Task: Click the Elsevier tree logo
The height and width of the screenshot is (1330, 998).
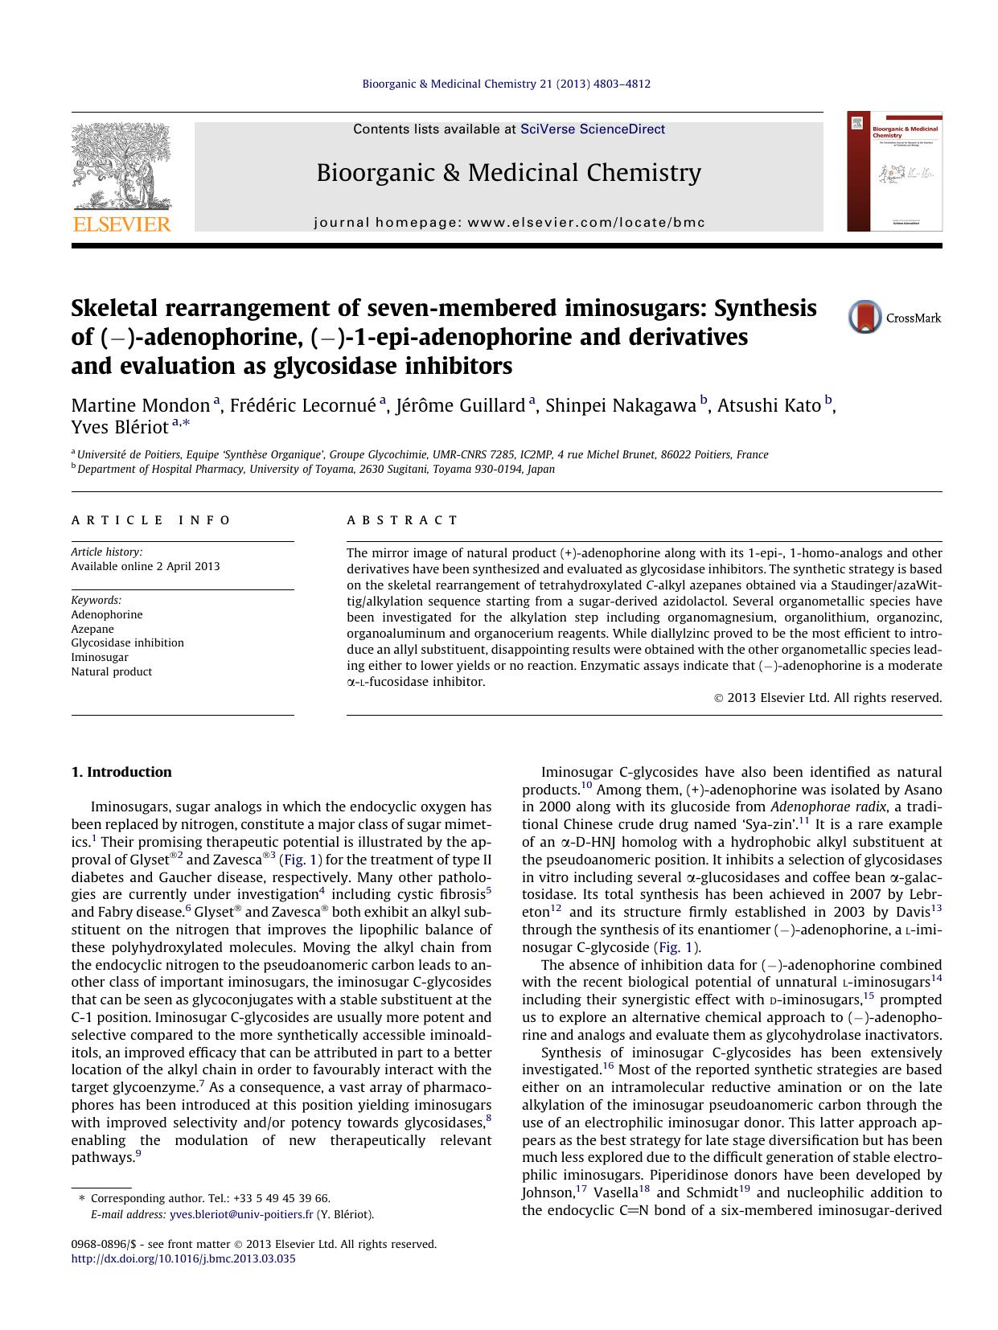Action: coord(121,166)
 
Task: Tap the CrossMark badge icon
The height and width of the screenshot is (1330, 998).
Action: coord(865,318)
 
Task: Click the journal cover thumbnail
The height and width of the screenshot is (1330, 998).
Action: coord(894,172)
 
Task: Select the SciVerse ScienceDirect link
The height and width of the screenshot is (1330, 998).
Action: coord(593,129)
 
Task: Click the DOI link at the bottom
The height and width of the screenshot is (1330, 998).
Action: coord(183,1258)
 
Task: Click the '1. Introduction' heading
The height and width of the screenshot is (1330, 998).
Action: coord(121,772)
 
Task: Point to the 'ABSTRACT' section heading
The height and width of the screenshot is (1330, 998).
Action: coord(402,520)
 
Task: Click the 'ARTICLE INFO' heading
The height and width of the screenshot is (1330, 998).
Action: coord(151,520)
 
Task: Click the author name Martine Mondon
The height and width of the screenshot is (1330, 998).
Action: coord(141,405)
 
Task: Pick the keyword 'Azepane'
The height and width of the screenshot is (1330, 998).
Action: coord(92,629)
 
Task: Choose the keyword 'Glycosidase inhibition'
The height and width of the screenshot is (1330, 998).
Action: coord(127,642)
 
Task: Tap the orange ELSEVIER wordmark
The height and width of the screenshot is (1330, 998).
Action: coord(121,224)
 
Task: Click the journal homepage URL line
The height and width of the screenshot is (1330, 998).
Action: coord(509,223)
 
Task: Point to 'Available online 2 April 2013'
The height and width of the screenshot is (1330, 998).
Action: coord(145,566)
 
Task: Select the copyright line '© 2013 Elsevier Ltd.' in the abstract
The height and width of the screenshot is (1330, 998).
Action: coord(828,698)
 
